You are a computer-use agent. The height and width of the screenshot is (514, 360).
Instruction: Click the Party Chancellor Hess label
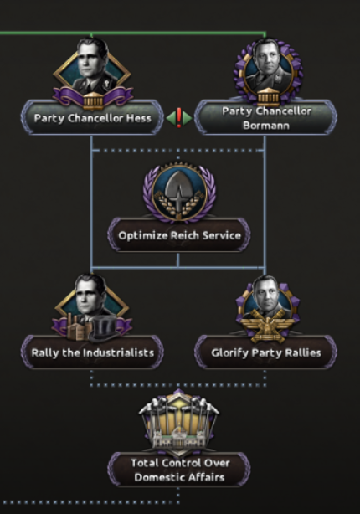click(x=92, y=118)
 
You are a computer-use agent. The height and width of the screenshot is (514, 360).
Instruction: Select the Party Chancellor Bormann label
click(x=266, y=118)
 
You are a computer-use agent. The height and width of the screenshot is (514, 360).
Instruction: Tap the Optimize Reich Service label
click(x=179, y=235)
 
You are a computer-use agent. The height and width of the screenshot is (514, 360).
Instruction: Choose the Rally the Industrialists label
click(x=92, y=352)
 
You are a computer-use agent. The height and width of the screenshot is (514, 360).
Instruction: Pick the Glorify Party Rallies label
click(x=266, y=352)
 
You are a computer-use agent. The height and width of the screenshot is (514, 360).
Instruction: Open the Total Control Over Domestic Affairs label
click(x=179, y=470)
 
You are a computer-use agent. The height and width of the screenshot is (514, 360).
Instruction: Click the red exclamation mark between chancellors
click(x=179, y=118)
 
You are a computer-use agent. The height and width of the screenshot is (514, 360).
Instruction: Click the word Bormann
click(x=266, y=126)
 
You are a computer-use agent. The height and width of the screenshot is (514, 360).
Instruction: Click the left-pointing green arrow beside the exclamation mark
click(x=171, y=118)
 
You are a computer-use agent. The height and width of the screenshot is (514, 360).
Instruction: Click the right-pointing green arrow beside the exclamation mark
click(x=188, y=118)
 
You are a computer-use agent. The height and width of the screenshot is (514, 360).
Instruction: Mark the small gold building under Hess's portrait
click(x=93, y=99)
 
